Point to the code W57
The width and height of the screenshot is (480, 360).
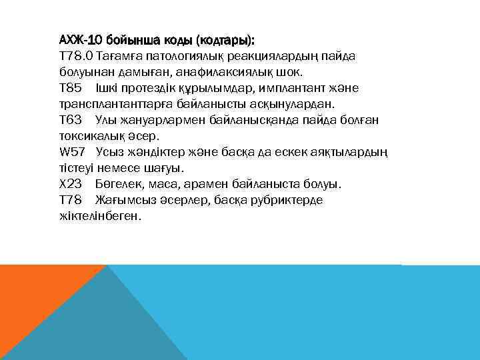[72, 152]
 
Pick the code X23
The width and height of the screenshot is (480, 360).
[70, 184]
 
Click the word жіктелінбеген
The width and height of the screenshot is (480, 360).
[99, 216]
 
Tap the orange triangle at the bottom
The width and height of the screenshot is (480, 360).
[33, 300]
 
